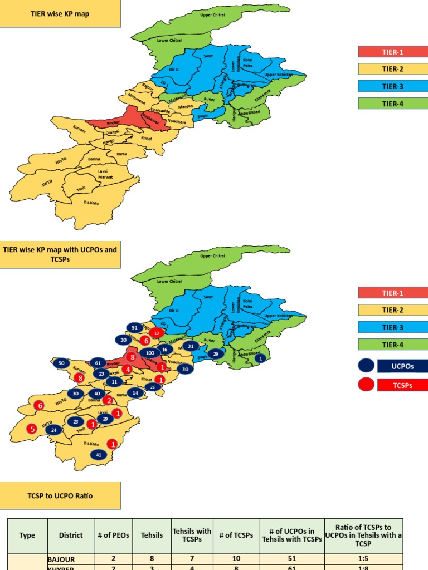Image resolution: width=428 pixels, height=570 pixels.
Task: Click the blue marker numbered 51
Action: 134,328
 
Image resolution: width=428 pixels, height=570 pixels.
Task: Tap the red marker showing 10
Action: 157,333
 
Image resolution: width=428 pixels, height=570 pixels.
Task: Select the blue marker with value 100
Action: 150,353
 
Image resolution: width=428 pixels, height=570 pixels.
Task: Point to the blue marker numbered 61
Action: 98,363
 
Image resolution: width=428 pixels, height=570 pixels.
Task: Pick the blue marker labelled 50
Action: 61,363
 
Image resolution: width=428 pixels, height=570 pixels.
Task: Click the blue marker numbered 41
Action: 99,455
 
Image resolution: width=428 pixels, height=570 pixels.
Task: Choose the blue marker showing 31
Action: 191,346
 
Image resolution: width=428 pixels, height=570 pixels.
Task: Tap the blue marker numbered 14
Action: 135,393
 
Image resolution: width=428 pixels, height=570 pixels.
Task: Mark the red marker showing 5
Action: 32,429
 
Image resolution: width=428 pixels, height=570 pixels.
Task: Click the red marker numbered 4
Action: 128,369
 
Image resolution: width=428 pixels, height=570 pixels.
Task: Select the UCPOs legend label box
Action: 402,366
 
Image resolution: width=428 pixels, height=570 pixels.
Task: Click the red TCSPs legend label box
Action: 402,385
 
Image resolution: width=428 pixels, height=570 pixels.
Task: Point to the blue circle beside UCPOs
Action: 366,366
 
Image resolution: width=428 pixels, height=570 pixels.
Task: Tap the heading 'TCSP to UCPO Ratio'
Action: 60,495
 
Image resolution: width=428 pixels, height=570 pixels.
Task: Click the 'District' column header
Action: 71,535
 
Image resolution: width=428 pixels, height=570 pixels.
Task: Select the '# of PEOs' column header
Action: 113,535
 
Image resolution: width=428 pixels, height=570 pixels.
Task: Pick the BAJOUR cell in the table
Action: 71,559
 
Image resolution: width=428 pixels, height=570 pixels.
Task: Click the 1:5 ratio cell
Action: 363,559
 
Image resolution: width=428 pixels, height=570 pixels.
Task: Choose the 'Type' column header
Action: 27,535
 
